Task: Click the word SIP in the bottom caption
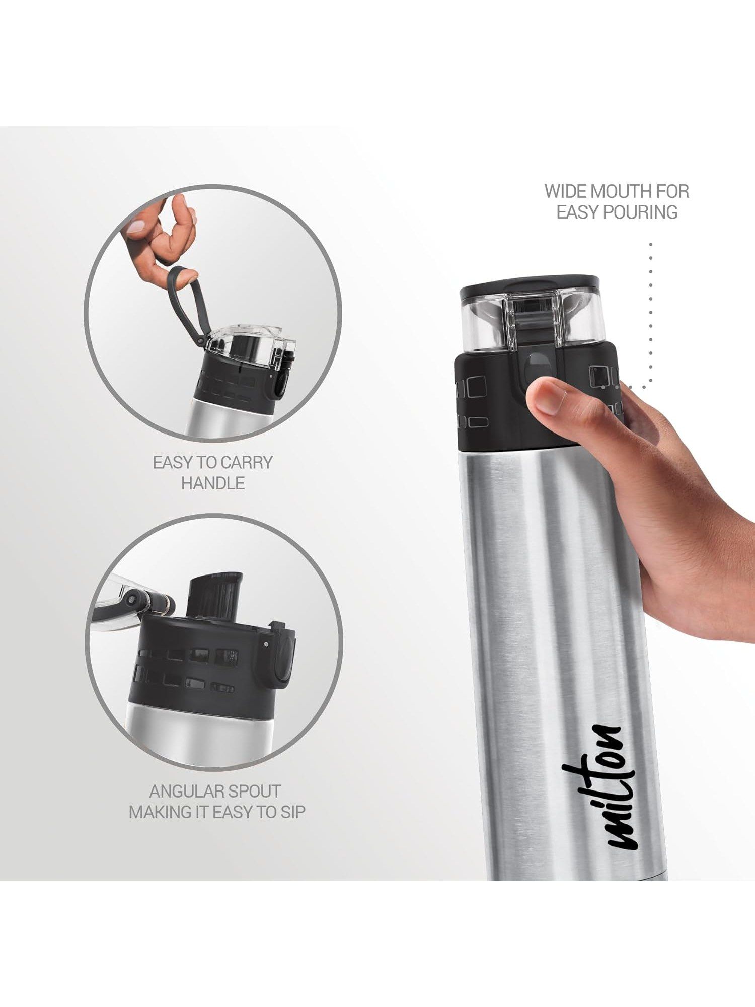click(293, 812)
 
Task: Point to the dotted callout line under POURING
click(650, 312)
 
